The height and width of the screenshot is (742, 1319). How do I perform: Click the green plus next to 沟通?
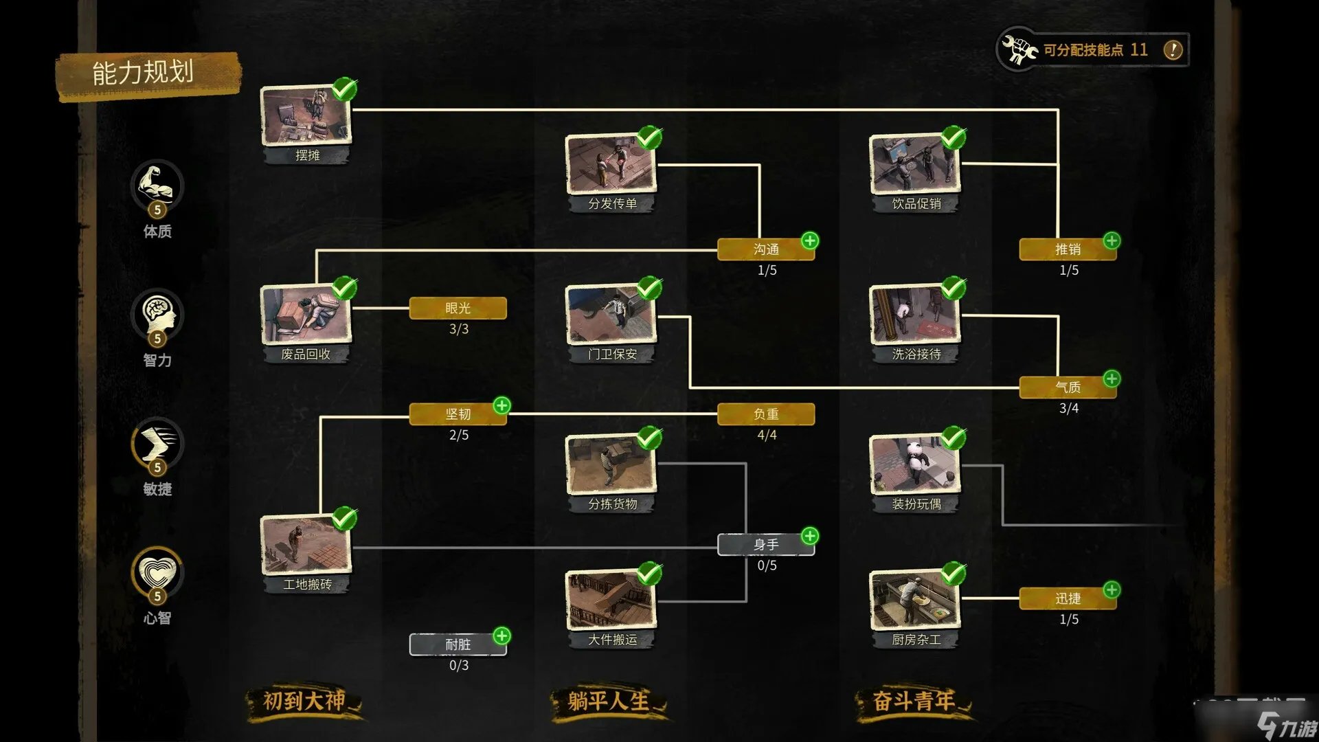(x=810, y=240)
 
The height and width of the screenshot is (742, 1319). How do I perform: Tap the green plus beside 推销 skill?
(x=1112, y=240)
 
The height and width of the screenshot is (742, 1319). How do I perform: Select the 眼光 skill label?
(x=458, y=308)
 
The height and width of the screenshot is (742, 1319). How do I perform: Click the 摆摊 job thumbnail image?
(x=306, y=115)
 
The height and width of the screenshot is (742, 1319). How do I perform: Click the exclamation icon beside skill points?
(x=1173, y=49)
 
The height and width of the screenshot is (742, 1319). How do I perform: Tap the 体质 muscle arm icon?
(x=157, y=184)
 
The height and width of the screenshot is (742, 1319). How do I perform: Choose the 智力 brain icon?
(x=157, y=313)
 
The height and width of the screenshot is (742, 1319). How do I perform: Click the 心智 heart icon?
(x=157, y=571)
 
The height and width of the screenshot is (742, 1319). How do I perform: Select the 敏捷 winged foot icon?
(x=157, y=442)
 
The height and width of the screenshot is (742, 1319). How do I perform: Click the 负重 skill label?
(x=766, y=414)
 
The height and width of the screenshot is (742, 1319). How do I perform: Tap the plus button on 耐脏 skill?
(x=502, y=636)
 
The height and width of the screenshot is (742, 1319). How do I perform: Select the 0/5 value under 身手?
(x=767, y=565)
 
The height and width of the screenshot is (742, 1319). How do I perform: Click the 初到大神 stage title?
(x=304, y=701)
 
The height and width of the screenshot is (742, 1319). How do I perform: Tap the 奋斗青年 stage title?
(x=914, y=701)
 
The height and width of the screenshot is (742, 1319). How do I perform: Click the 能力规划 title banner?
(x=144, y=73)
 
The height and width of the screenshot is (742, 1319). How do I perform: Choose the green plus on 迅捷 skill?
(x=1112, y=589)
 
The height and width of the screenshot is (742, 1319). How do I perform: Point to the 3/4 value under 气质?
(x=1068, y=408)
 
